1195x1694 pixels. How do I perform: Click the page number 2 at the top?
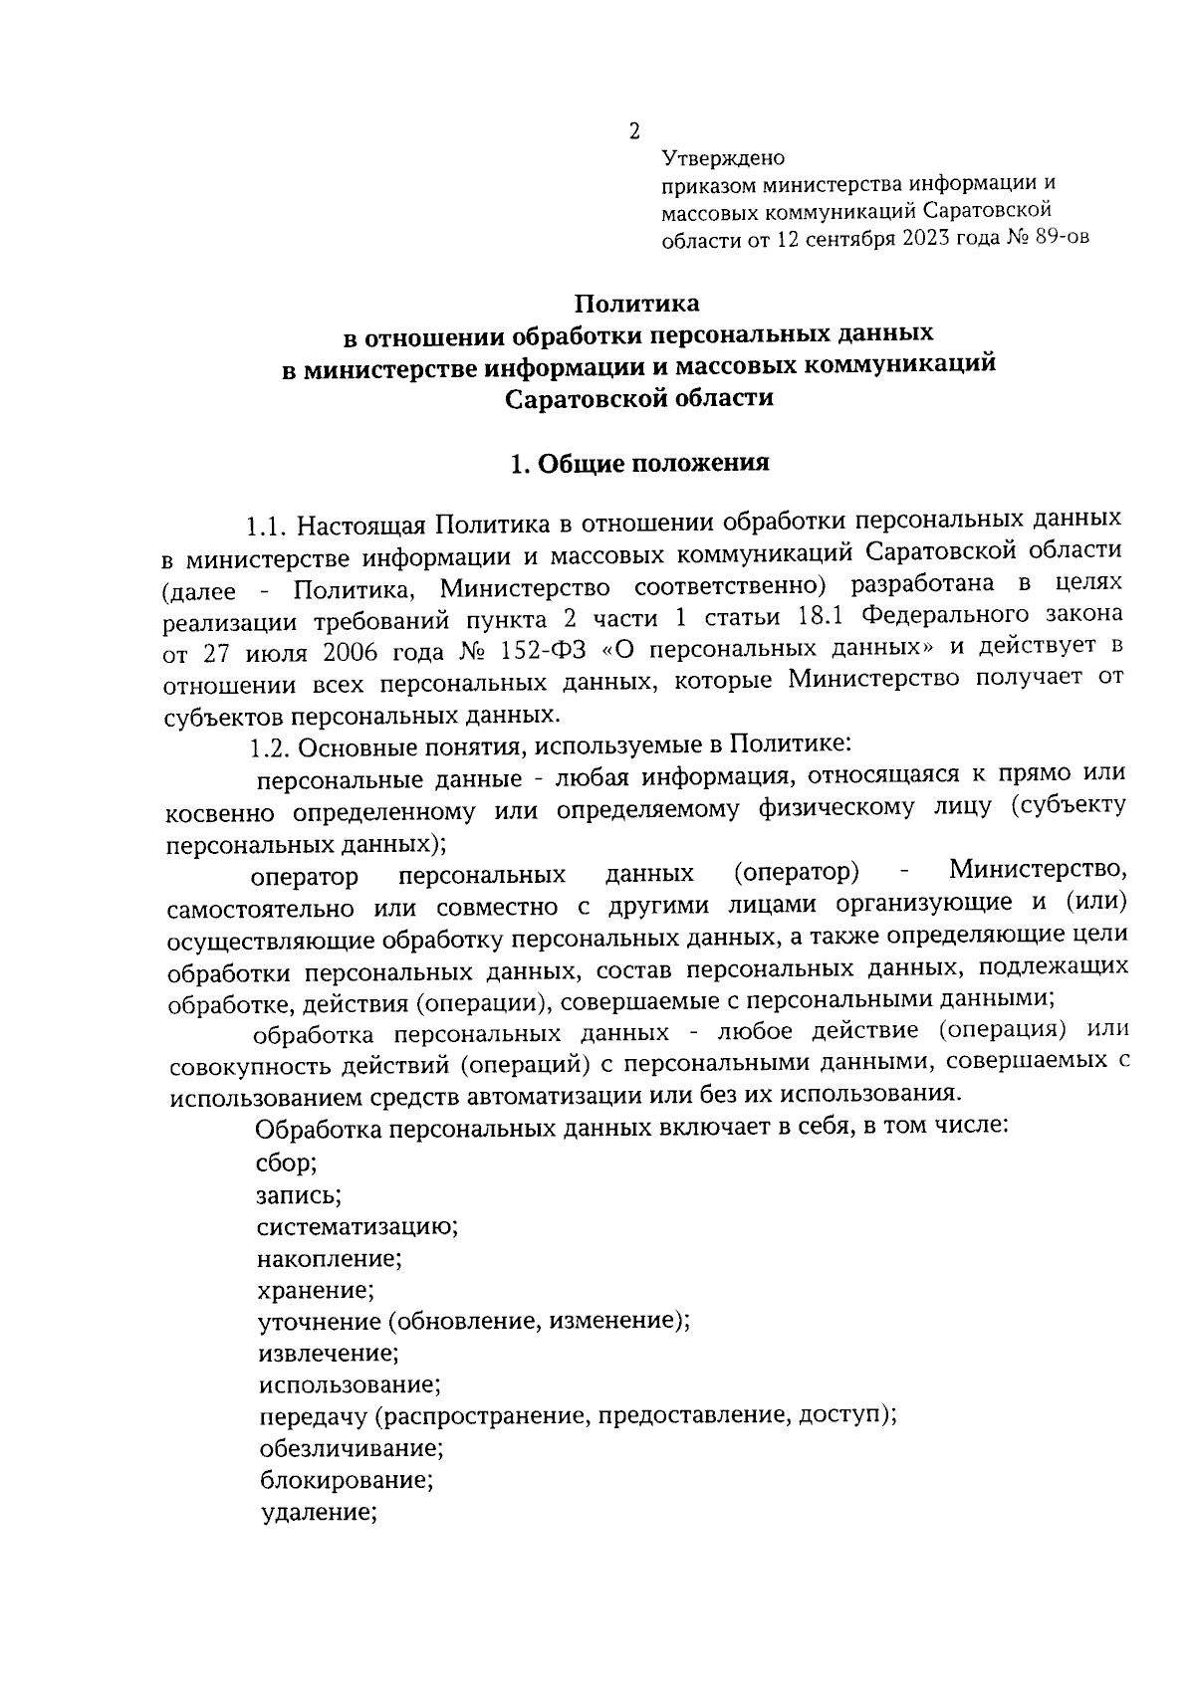(633, 131)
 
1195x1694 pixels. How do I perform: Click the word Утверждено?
(724, 158)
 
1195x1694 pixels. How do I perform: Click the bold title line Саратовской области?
(638, 398)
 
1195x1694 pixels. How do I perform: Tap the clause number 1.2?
(270, 746)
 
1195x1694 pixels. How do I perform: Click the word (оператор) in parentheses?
(797, 872)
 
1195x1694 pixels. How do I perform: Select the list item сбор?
(287, 1162)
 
